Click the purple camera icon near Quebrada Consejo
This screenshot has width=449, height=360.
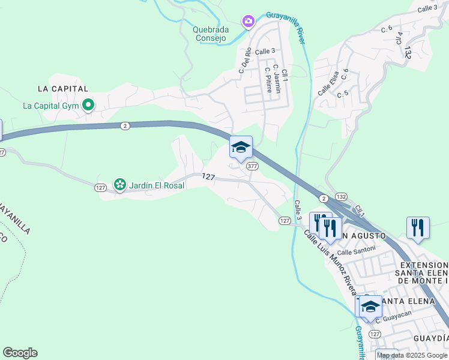(x=248, y=22)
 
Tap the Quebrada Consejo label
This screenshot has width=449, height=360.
(x=210, y=34)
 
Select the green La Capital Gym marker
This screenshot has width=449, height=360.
(x=88, y=106)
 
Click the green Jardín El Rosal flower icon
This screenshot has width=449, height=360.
(x=119, y=185)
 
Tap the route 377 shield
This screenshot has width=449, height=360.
(x=252, y=166)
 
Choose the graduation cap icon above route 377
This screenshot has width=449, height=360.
(x=241, y=147)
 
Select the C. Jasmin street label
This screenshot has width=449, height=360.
(x=276, y=76)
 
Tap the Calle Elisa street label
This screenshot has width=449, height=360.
(x=328, y=83)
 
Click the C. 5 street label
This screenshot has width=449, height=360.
(x=343, y=94)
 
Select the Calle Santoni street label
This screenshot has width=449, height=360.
(x=356, y=250)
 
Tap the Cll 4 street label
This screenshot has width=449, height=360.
(x=398, y=37)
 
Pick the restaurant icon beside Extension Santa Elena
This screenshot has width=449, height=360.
(x=418, y=227)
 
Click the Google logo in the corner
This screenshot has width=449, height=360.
(x=20, y=353)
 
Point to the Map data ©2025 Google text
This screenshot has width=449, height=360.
(x=412, y=355)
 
